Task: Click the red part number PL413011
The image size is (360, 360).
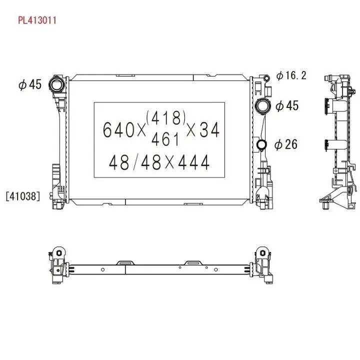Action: tap(37, 20)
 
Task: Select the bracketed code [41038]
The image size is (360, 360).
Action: tap(23, 196)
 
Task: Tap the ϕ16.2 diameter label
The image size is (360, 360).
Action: tap(291, 75)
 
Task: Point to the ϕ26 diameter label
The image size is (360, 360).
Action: tap(286, 144)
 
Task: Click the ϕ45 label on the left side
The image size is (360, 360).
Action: tap(30, 84)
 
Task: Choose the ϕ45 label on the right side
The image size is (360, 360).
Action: tap(287, 105)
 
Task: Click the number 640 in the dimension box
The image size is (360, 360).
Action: tap(118, 129)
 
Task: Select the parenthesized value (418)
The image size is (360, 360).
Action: tap(166, 117)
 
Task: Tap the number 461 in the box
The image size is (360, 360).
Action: tap(165, 139)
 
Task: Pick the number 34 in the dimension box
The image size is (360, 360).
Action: tap(209, 129)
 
